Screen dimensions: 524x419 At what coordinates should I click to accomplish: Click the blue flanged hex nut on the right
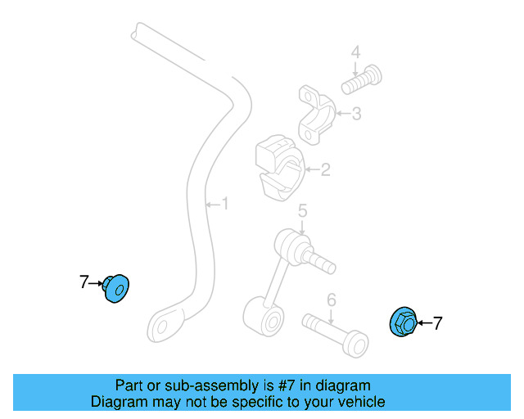404,322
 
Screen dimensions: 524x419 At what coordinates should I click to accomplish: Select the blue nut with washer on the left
115,289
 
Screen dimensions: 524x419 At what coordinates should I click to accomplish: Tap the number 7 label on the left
84,282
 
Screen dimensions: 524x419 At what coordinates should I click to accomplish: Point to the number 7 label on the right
437,323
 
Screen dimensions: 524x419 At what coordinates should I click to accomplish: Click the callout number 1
226,204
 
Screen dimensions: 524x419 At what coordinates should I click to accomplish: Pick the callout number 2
325,169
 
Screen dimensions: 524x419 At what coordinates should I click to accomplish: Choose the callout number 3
357,114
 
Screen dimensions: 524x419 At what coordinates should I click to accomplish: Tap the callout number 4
356,53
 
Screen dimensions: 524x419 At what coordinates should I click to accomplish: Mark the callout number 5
302,211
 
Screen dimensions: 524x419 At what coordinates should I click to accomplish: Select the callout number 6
331,300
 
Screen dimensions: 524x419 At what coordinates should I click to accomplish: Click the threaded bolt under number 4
362,80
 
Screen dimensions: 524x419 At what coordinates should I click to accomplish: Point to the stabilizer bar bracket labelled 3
316,115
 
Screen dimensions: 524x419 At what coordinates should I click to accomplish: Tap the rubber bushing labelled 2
280,168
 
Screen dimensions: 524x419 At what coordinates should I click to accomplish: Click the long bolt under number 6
336,336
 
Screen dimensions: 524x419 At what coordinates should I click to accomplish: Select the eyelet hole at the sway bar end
162,327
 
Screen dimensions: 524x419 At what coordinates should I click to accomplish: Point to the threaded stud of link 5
318,260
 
